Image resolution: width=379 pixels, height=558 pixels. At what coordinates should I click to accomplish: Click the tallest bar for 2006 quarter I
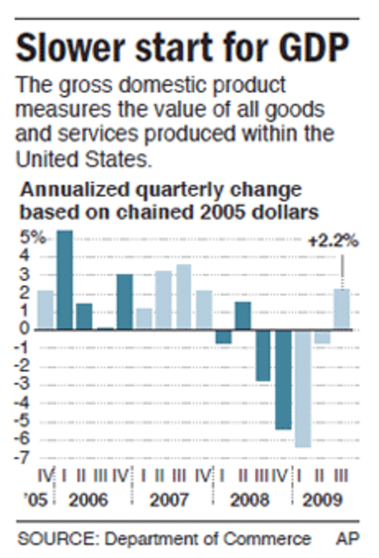point(64,280)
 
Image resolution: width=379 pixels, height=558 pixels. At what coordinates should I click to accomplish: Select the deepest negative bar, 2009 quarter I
point(303,389)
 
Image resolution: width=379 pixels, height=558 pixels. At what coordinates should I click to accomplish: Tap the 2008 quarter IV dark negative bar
point(283,380)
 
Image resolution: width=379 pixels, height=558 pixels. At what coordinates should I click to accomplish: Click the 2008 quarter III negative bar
point(263,356)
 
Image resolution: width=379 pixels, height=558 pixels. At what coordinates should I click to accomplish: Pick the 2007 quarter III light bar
point(184,297)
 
